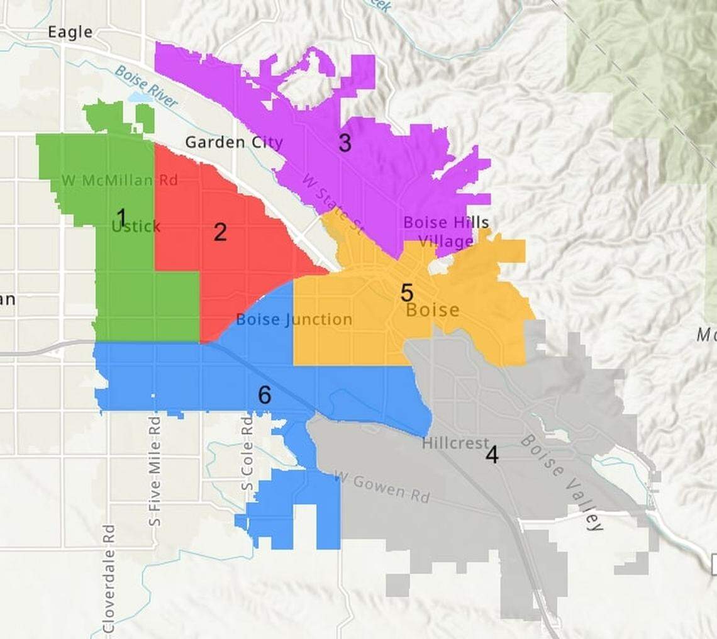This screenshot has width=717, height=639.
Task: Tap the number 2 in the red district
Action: tap(220, 232)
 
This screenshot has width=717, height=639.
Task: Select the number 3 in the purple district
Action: tap(345, 143)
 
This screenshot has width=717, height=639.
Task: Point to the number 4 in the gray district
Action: tap(492, 455)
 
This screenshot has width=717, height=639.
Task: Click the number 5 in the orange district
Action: tap(407, 292)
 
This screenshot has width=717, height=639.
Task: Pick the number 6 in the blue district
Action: tap(265, 395)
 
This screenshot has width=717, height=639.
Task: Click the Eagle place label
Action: tap(70, 32)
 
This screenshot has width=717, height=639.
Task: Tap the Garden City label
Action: tap(234, 142)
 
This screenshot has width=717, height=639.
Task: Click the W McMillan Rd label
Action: tap(119, 181)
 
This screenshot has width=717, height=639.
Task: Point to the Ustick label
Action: tap(136, 226)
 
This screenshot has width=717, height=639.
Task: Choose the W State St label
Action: tap(332, 204)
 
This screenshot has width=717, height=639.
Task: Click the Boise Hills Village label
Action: tap(446, 231)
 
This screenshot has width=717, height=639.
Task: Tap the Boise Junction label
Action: tap(294, 319)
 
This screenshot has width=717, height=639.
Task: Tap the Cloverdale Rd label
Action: tap(108, 579)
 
